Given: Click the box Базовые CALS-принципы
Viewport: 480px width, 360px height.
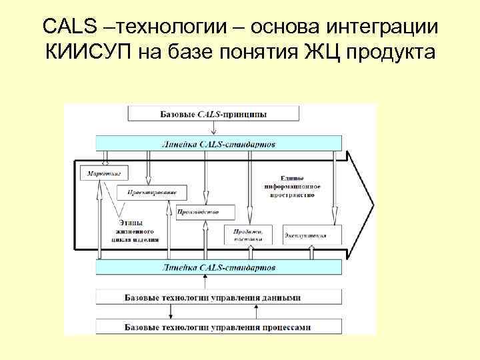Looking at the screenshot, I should tap(213, 114).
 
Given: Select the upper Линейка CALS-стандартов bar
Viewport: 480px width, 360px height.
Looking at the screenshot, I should tap(219, 143).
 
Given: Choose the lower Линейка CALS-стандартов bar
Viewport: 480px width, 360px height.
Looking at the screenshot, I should tap(219, 267).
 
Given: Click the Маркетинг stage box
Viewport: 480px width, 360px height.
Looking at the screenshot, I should tap(103, 173).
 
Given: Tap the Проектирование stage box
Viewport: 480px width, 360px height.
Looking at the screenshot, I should tap(152, 193).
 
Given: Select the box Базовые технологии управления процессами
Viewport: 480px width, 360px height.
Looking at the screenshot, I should tap(219, 327).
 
